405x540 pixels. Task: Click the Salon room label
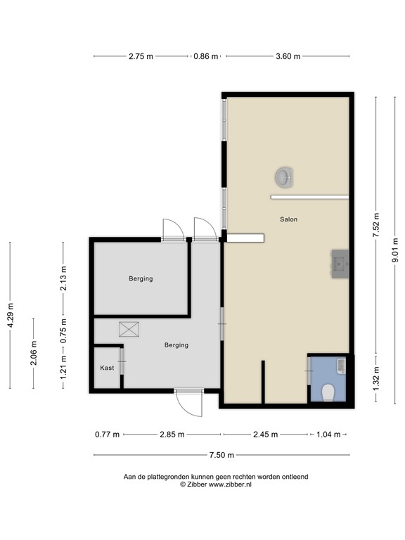pos(288,219)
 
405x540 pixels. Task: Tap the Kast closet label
pos(107,368)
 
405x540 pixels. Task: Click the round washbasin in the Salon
pos(283,177)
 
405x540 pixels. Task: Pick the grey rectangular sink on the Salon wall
pos(340,264)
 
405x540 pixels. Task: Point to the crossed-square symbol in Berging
pos(129,329)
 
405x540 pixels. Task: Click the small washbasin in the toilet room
pos(341,364)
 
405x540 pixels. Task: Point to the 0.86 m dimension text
pos(206,56)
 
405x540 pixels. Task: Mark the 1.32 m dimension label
pos(377,378)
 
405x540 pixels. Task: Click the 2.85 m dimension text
pos(171,435)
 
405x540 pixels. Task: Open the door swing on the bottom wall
pos(188,404)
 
